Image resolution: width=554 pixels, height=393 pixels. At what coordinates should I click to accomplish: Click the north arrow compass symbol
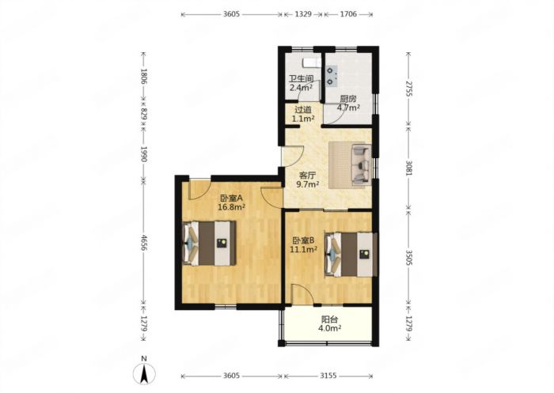(144, 373)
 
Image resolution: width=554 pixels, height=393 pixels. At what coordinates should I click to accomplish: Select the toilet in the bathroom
(312, 62)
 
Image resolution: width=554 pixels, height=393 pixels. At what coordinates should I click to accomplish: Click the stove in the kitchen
(332, 76)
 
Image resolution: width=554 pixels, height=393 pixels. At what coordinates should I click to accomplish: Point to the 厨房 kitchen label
(348, 99)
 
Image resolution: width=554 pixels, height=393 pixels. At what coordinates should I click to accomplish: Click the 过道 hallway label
(303, 110)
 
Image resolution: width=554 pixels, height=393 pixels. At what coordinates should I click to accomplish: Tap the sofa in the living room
(362, 164)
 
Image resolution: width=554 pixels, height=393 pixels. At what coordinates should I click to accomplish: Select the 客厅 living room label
(307, 175)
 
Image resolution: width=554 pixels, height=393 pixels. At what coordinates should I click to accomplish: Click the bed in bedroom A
(210, 244)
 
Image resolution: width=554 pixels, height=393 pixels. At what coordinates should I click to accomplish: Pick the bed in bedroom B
(351, 254)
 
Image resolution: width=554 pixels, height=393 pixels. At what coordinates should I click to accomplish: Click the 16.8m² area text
(231, 207)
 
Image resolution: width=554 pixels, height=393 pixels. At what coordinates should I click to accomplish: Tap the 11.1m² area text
(303, 250)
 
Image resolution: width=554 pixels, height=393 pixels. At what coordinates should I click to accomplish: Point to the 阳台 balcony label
(330, 319)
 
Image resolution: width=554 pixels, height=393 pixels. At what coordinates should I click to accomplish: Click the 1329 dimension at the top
(303, 14)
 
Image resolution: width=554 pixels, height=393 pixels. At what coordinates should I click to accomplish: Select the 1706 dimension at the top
(348, 14)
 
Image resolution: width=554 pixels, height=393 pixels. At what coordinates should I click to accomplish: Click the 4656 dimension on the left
(144, 243)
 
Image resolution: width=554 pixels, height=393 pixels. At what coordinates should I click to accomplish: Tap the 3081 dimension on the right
(409, 168)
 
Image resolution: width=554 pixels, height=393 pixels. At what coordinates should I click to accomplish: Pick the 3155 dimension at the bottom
(328, 376)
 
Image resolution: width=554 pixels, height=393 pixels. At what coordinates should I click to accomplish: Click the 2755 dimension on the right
(409, 89)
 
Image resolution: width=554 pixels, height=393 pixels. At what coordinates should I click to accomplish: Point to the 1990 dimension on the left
(144, 154)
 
